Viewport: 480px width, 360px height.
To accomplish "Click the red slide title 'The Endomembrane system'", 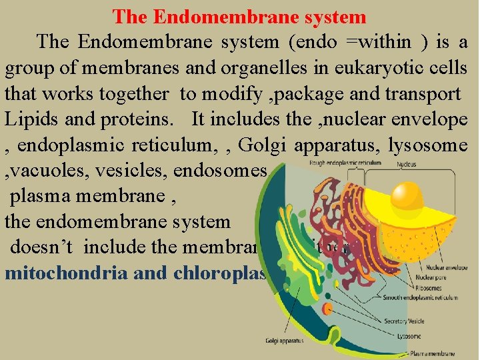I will click(239, 16).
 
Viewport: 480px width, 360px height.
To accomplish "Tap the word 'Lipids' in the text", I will click(29, 120).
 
